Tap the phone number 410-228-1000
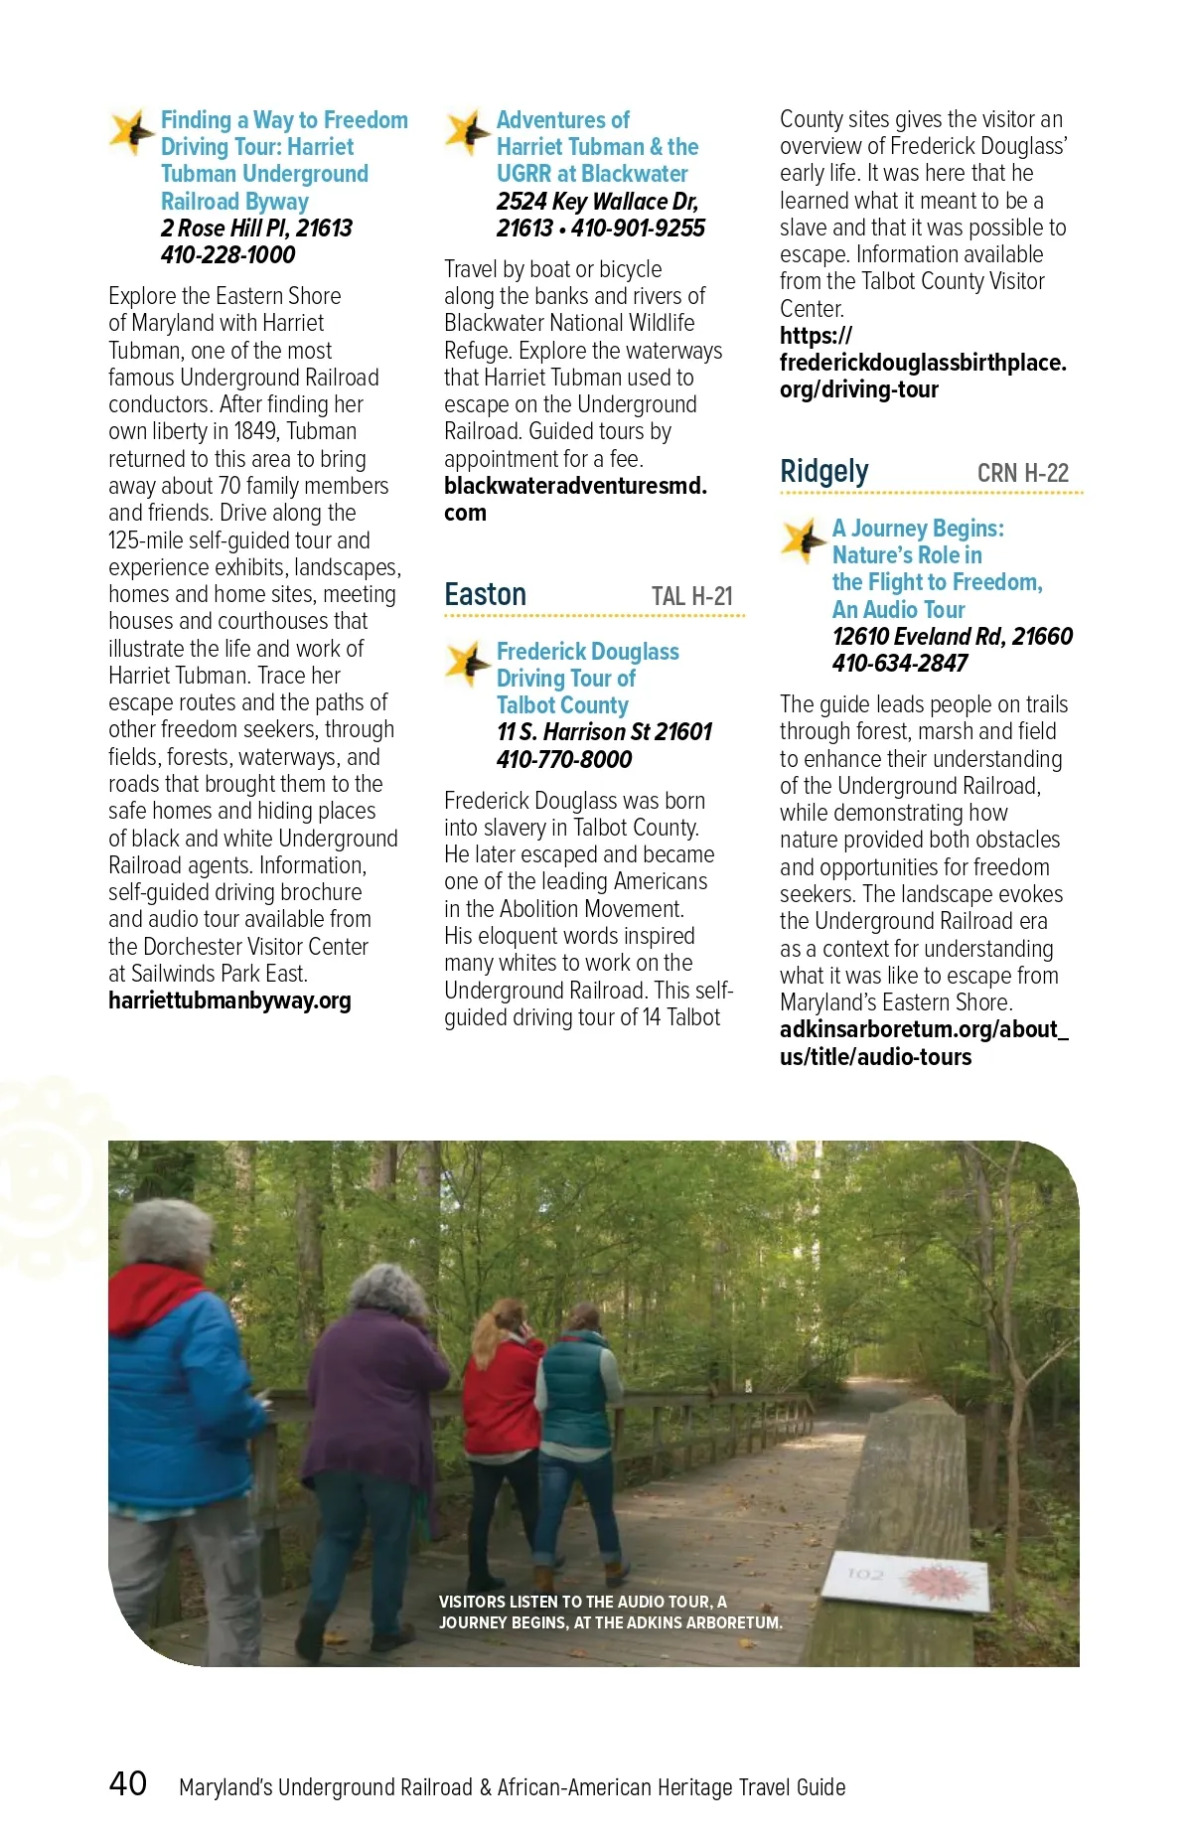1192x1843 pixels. coord(227,255)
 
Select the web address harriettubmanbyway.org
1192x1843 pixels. coord(229,1000)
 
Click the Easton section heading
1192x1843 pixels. coord(485,594)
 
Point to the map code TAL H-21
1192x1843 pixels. coord(691,596)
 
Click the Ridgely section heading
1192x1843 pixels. coord(823,471)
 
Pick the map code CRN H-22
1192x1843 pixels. coord(1022,473)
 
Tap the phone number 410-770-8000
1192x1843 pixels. coord(563,760)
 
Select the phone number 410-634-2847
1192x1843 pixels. coord(899,664)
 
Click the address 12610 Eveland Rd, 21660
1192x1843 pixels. coord(952,637)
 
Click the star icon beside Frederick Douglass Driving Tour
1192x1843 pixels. coord(465,663)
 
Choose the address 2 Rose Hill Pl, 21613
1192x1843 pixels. coord(256,229)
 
